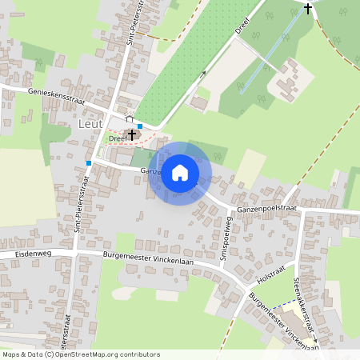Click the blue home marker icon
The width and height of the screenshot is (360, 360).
180,172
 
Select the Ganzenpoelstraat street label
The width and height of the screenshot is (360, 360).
267,209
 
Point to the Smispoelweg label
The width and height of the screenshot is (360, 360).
226,237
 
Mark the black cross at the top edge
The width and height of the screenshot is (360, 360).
308,9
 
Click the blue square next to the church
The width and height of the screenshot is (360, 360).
140,126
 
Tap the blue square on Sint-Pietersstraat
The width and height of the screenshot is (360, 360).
88,162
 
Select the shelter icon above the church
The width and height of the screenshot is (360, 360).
129,119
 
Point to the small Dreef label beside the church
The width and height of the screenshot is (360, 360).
117,138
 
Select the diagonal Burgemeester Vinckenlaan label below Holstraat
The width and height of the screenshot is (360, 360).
284,322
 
